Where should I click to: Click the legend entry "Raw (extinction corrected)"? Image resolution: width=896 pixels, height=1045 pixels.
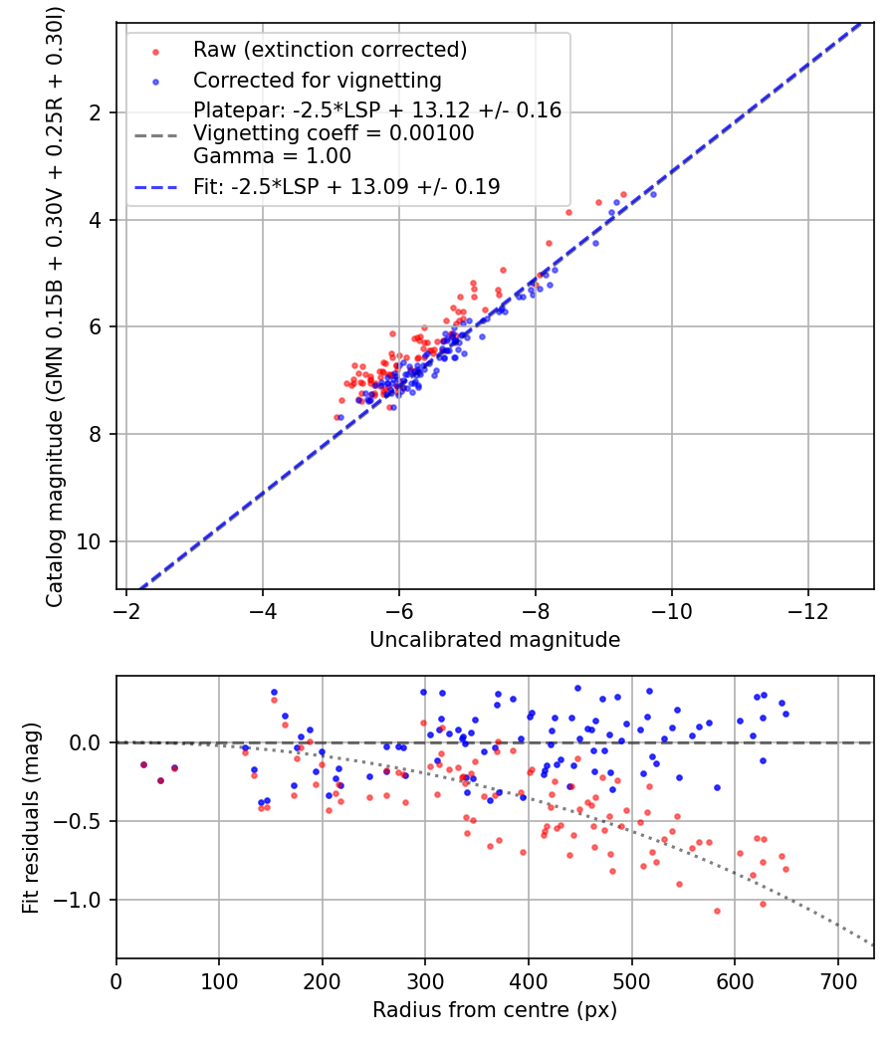[x=330, y=50]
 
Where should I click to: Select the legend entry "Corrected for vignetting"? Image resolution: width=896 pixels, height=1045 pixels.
[x=318, y=81]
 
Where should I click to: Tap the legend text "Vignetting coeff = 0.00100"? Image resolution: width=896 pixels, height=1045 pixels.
[x=334, y=133]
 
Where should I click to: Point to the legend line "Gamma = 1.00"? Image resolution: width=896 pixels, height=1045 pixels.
[x=272, y=156]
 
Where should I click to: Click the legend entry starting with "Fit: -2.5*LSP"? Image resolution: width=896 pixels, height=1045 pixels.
[x=346, y=187]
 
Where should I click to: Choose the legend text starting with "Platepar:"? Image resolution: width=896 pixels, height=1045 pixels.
[x=377, y=109]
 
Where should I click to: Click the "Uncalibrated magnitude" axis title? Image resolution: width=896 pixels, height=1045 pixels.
[x=495, y=640]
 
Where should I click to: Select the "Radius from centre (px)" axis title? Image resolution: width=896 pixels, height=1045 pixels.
[x=495, y=1010]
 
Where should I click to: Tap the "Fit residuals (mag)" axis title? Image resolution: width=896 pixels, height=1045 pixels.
[x=31, y=818]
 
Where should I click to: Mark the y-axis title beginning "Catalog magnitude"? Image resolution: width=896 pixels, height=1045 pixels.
[x=55, y=307]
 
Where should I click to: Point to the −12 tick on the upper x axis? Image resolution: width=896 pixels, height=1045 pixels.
[x=808, y=610]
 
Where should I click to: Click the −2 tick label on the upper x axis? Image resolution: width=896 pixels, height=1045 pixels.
[x=126, y=610]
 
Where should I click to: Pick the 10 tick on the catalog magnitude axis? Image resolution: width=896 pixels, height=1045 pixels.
[x=88, y=541]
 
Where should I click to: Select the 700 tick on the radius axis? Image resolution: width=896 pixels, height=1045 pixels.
[x=837, y=981]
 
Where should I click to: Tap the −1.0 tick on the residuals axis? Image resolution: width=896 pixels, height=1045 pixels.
[x=77, y=901]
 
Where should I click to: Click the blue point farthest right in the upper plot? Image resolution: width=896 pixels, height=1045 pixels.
[x=653, y=195]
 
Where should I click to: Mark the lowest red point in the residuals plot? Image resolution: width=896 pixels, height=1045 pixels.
[x=718, y=911]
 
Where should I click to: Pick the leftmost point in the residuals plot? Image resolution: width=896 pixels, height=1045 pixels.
[x=143, y=765]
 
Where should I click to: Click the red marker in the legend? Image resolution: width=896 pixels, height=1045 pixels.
[x=155, y=52]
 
